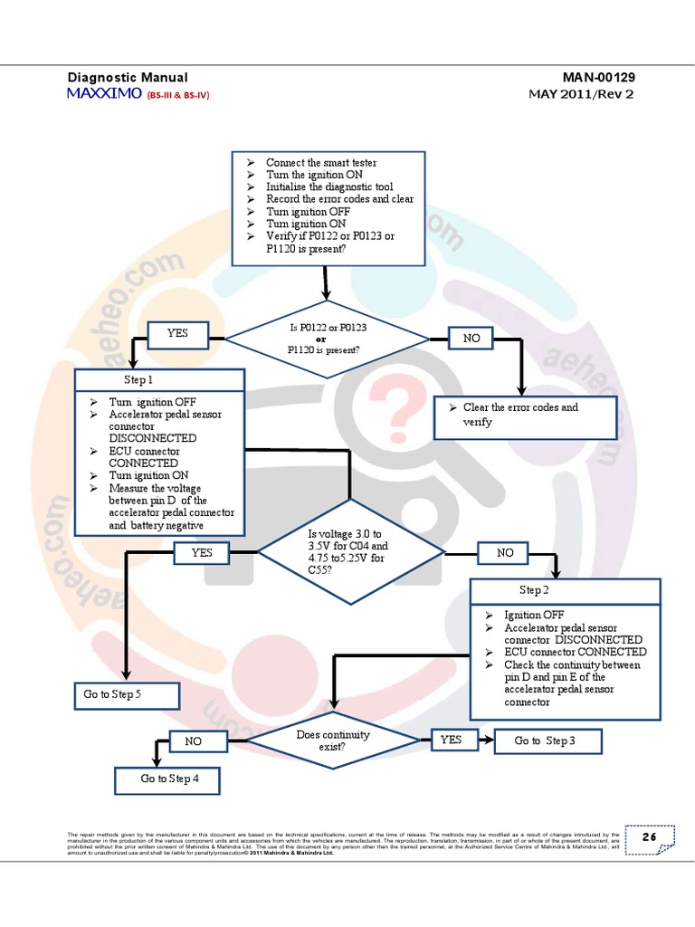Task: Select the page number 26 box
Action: pos(649,837)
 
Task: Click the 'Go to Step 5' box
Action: pos(126,695)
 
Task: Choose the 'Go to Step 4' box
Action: pos(169,779)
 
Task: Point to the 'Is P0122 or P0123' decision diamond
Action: pos(327,338)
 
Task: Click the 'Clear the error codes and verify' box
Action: pos(525,416)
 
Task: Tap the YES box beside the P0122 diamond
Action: pos(177,333)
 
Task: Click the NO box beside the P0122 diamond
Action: pos(471,338)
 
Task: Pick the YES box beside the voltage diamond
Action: pos(203,551)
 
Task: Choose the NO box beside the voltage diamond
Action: pos(505,552)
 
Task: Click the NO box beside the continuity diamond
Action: pos(194,741)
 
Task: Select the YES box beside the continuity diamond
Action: pos(451,740)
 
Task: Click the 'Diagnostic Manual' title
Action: pos(128,78)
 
